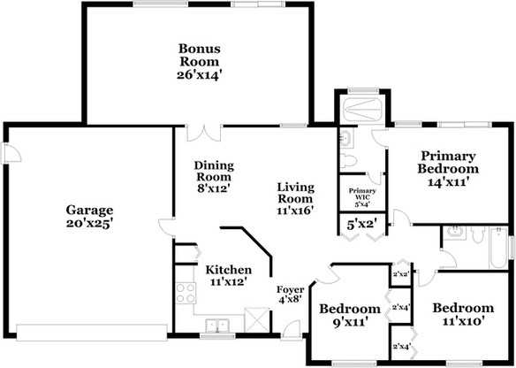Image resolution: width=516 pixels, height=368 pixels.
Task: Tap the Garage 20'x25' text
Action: pyautogui.click(x=88, y=217)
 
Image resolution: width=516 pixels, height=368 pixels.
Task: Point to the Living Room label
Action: pyautogui.click(x=294, y=197)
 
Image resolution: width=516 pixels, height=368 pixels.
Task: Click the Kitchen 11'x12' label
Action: pyautogui.click(x=227, y=275)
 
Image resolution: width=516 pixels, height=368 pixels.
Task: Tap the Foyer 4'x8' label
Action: pyautogui.click(x=290, y=295)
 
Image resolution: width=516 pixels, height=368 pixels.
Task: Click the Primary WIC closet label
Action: pyautogui.click(x=362, y=195)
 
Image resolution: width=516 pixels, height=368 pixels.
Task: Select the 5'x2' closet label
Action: pyautogui.click(x=361, y=225)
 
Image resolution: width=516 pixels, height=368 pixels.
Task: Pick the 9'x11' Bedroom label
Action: pyautogui.click(x=349, y=315)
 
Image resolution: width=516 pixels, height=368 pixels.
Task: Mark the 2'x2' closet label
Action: pyautogui.click(x=400, y=274)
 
